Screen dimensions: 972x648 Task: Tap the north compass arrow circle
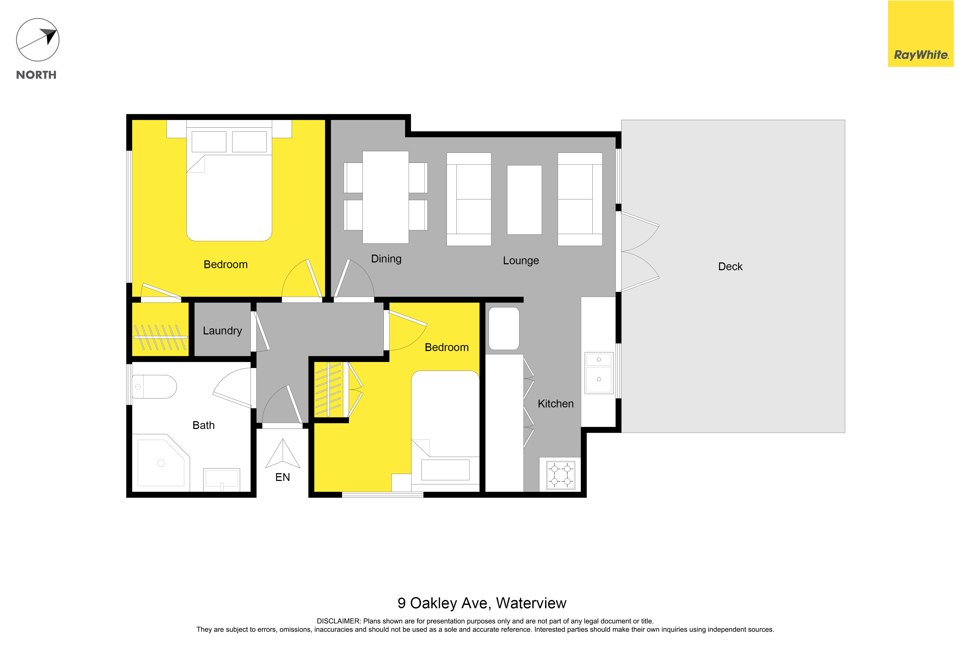click(x=38, y=40)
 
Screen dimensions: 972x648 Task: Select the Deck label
click(x=730, y=267)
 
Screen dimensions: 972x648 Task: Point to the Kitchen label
click(x=556, y=404)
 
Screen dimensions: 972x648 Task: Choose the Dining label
click(x=386, y=259)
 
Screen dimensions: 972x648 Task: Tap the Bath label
click(x=203, y=425)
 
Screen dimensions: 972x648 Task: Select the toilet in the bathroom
click(x=154, y=387)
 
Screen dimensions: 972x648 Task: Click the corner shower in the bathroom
click(x=161, y=462)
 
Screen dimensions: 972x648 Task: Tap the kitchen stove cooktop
click(x=561, y=475)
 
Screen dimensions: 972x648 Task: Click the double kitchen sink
click(x=599, y=373)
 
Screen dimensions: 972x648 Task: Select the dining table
click(x=386, y=197)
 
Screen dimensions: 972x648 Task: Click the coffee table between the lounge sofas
click(x=524, y=200)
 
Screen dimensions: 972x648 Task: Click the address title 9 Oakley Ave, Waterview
click(x=482, y=603)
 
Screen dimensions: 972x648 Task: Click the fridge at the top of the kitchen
click(x=504, y=328)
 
